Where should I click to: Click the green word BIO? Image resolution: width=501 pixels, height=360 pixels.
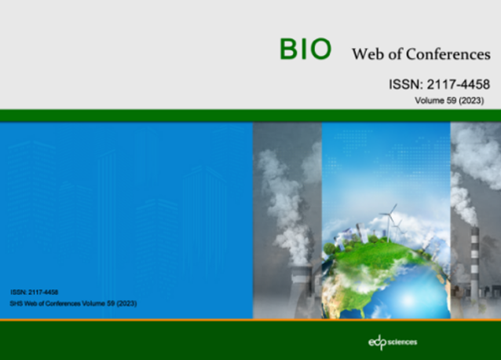tap(305, 50)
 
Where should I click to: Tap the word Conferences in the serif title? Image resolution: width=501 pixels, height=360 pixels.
tap(448, 54)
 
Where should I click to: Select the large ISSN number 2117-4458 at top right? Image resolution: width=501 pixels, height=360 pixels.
tap(458, 84)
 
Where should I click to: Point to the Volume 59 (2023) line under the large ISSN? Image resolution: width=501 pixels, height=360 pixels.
tap(449, 101)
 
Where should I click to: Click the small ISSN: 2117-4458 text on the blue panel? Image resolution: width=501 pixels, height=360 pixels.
tap(35, 292)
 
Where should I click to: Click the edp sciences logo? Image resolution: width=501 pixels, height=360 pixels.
tap(393, 342)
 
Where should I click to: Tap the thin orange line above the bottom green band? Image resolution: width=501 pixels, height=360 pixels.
tap(251, 320)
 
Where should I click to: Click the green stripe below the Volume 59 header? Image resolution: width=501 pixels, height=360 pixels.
tap(251, 116)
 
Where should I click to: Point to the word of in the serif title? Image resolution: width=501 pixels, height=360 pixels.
tap(395, 54)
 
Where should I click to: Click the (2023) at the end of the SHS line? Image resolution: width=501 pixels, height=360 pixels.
tap(126, 303)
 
